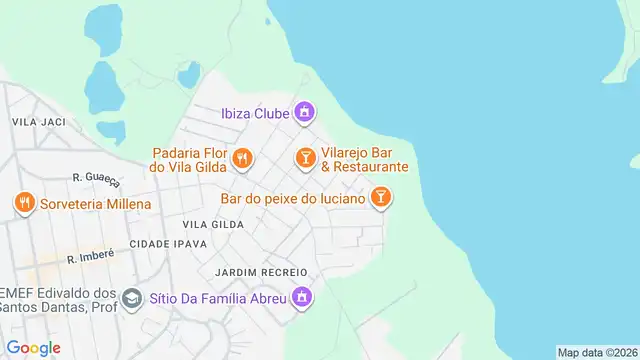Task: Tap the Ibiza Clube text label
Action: click(255, 113)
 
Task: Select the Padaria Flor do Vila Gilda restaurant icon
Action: click(241, 158)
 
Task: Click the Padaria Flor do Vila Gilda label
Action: click(190, 160)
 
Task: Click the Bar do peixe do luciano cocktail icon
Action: click(380, 198)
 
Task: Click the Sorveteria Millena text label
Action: click(96, 204)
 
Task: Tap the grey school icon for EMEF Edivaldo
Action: click(131, 298)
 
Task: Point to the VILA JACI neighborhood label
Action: click(38, 121)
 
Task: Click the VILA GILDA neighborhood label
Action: click(213, 224)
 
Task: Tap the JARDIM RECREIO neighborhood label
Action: click(257, 272)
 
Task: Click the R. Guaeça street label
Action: click(96, 178)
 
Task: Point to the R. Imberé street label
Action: click(91, 256)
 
